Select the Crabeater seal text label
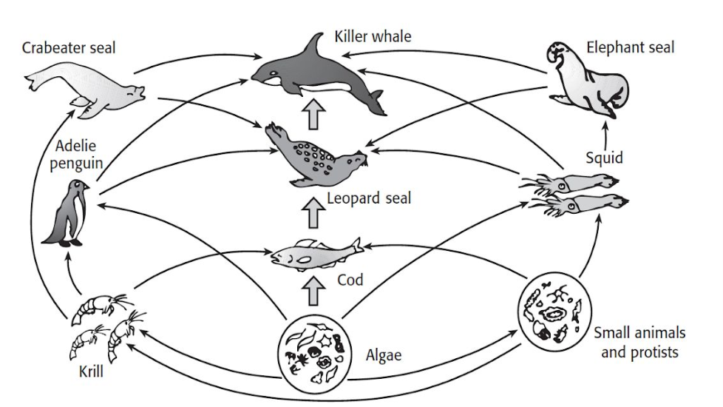point(69,49)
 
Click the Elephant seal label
point(630,47)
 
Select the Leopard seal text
point(368,198)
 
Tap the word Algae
point(384,354)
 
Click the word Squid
point(603,157)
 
